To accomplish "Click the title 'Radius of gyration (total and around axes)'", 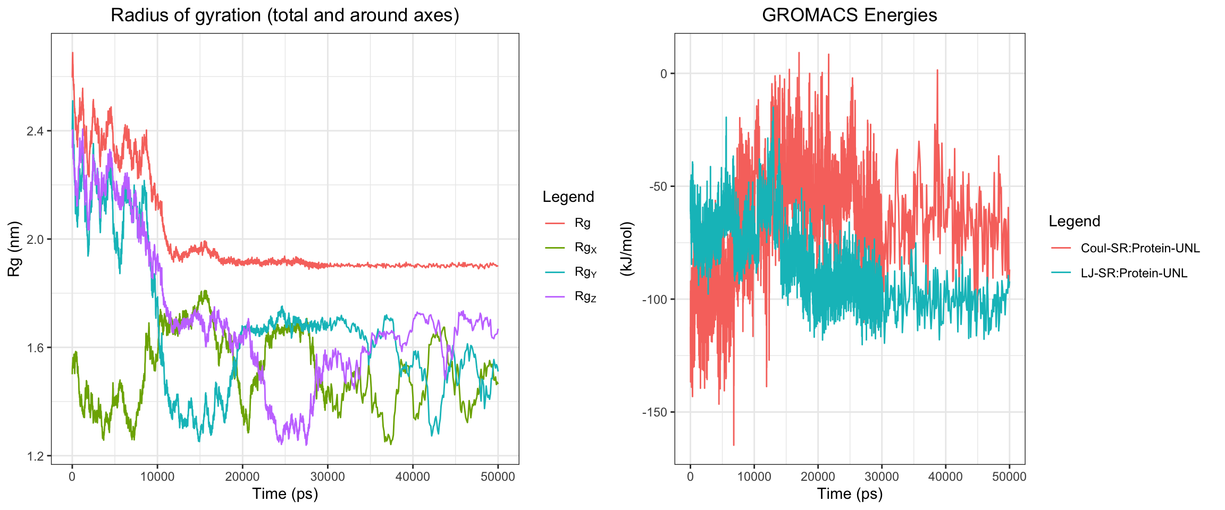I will [x=284, y=15].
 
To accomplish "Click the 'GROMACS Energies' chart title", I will [x=849, y=15].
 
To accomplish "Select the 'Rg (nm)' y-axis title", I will [x=14, y=249].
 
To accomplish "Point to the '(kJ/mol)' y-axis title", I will [x=627, y=249].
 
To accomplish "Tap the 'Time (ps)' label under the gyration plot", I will [x=285, y=494].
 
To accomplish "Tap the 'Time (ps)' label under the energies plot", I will [x=850, y=494].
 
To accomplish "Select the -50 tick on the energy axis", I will [x=659, y=186].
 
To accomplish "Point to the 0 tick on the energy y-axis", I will [x=664, y=74].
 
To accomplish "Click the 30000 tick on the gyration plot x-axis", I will [x=328, y=477].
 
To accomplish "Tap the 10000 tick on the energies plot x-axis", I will [x=754, y=477].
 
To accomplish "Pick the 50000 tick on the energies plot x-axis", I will [x=1009, y=477].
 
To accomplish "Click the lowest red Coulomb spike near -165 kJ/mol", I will [x=734, y=444].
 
